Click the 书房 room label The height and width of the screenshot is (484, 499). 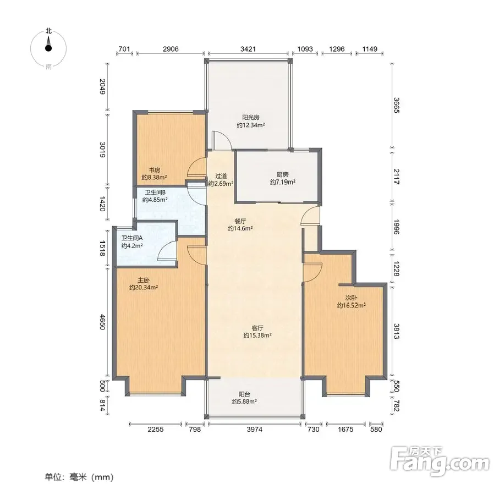point(155,170)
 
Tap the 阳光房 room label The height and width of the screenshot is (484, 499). point(251,117)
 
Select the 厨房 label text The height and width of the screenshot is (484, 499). point(283,175)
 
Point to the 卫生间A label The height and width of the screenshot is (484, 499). point(131,238)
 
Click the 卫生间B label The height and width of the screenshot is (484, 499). point(155,193)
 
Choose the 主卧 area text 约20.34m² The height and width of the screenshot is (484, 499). point(144,288)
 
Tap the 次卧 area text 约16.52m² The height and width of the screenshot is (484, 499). point(352,305)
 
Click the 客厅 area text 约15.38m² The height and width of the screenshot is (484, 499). point(257,335)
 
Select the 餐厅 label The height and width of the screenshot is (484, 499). point(240,221)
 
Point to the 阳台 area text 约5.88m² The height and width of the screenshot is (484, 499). point(244,402)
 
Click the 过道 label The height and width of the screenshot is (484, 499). point(221,176)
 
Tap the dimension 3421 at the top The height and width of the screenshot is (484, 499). point(248,49)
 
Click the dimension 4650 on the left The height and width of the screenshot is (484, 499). point(102,322)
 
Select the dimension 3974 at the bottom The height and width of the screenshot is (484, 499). point(255,430)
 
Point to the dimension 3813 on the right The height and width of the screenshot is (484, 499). point(397,331)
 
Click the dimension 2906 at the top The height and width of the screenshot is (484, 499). point(171,49)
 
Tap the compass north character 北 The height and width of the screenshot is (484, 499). point(48,31)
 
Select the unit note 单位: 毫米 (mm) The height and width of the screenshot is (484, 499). point(79,477)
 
